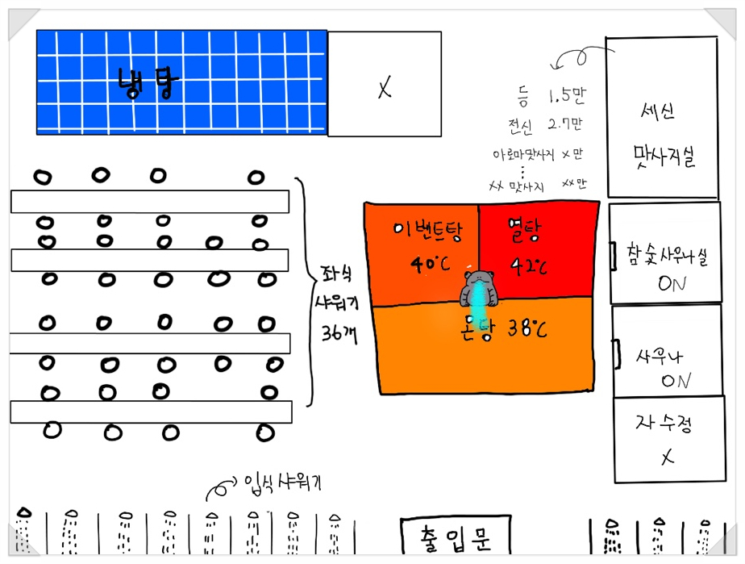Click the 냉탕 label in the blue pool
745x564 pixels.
pyautogui.click(x=145, y=82)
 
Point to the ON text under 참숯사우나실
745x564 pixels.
pyautogui.click(x=672, y=284)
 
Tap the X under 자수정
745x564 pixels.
pyautogui.click(x=668, y=457)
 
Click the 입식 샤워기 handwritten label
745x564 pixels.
pyautogui.click(x=288, y=483)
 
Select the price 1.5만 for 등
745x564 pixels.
pyautogui.click(x=567, y=97)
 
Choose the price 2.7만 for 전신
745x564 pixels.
pyautogui.click(x=564, y=125)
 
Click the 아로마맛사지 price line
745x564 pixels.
pyautogui.click(x=539, y=153)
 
